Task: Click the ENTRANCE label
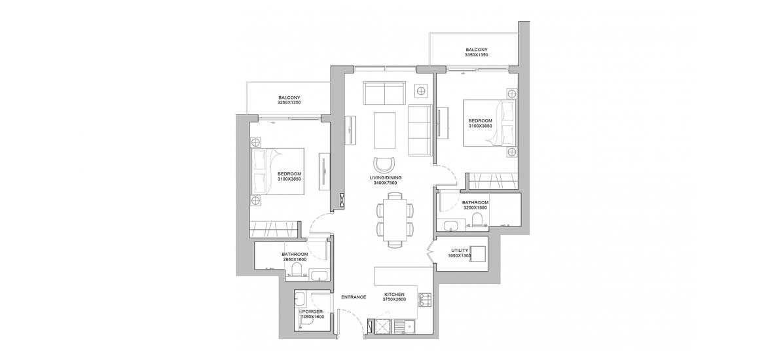point(354,297)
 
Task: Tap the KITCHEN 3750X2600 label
point(393,297)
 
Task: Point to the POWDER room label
point(313,314)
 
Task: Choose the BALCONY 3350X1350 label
point(477,52)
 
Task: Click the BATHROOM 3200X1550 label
point(475,205)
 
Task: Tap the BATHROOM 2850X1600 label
point(295,257)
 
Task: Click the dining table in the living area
point(393,219)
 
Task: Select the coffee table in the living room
point(385,130)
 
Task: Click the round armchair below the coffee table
point(384,164)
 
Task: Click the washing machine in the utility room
point(477,253)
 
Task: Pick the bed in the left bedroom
point(278,171)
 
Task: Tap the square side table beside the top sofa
point(420,91)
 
